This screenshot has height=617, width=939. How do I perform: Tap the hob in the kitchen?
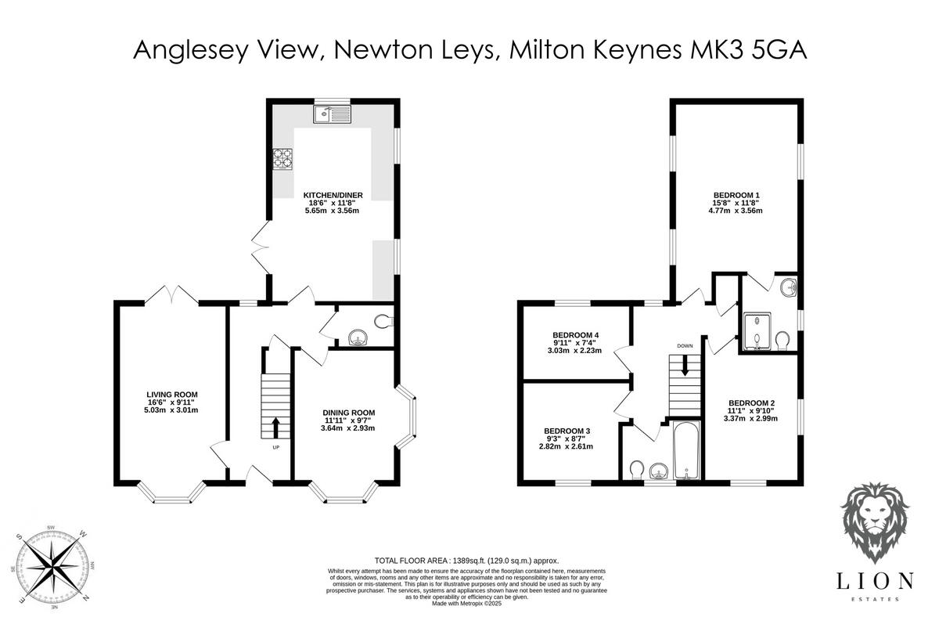282,159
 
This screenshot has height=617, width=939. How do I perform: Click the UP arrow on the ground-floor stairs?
275,428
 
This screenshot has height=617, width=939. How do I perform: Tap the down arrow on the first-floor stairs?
685,364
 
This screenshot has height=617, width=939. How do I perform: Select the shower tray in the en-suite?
756,330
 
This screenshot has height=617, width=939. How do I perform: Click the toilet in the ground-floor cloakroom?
383,320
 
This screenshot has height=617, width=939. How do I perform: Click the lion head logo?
880,520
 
